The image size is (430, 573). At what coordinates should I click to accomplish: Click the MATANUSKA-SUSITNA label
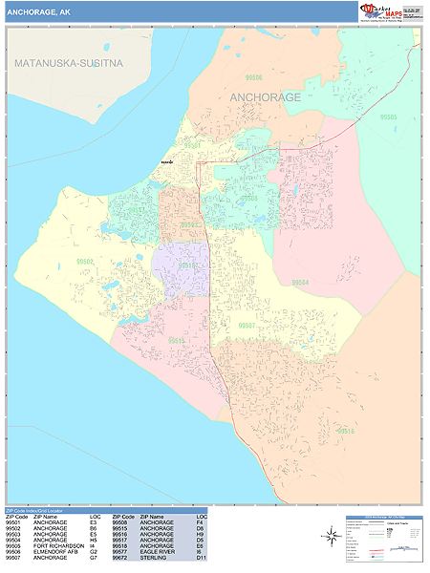(69, 63)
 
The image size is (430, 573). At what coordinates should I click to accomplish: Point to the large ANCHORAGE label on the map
(266, 97)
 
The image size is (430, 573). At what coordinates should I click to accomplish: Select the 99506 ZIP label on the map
(253, 76)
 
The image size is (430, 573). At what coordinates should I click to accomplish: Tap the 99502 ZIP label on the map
(86, 261)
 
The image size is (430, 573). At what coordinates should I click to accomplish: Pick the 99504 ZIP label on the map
(300, 283)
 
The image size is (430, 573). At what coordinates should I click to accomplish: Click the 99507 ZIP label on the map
(247, 326)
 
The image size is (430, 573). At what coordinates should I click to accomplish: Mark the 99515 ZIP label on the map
(177, 340)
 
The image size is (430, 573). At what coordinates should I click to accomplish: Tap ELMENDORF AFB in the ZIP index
(54, 553)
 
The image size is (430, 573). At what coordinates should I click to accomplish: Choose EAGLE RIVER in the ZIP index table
(157, 553)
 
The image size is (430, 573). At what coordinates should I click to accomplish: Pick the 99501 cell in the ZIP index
(12, 524)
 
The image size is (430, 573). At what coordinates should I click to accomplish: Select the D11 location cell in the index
(200, 559)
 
